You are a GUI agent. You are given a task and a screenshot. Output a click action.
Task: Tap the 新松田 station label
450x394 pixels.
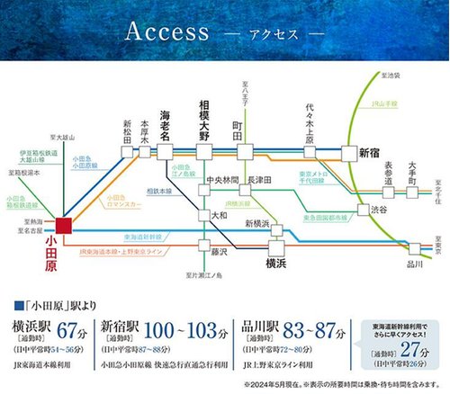(128, 130)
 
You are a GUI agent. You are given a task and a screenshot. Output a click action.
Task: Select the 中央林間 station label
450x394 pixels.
(220, 180)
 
